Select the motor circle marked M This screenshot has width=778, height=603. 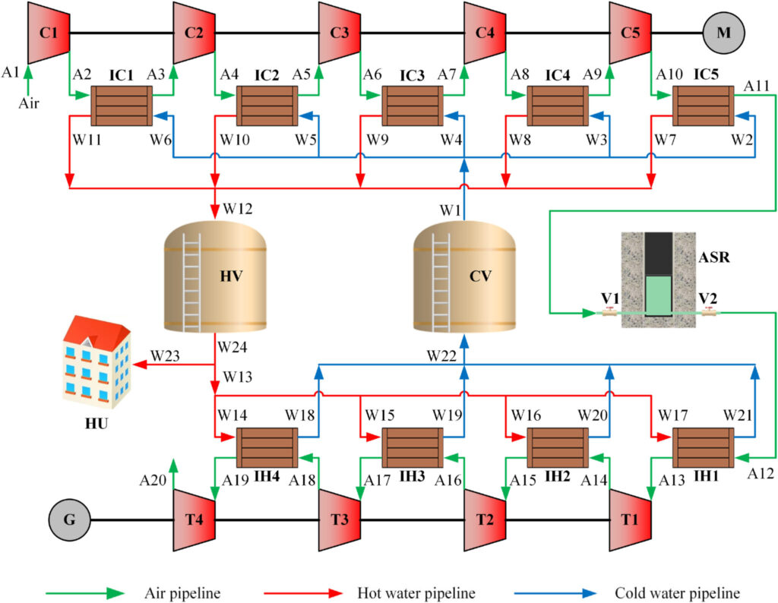pos(723,33)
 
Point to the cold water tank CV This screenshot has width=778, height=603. pos(464,278)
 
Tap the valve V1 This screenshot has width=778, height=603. pos(609,312)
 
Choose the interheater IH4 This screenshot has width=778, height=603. pos(267,447)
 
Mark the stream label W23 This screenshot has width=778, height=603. pos(166,355)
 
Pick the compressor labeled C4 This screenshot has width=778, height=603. pos(485,33)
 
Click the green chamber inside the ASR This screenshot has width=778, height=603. pos(659,295)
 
